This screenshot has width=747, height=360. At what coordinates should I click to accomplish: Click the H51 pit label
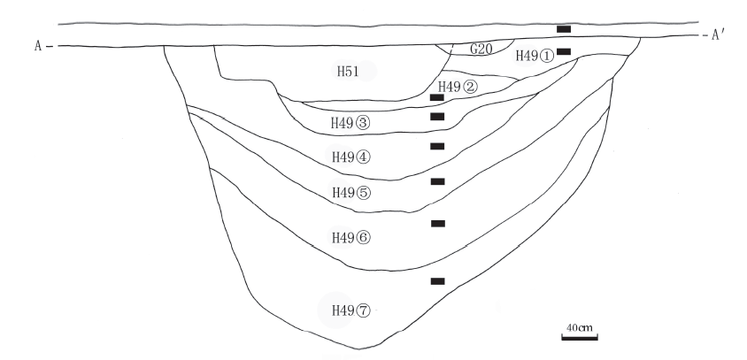point(346,71)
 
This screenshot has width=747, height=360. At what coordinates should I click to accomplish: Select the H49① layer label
point(535,56)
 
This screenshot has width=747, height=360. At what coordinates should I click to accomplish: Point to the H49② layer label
point(458,87)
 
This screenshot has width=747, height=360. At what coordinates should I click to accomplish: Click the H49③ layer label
point(350,123)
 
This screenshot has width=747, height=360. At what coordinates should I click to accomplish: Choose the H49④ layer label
point(350,157)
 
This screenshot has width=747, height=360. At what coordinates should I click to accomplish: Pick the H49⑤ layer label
point(350,192)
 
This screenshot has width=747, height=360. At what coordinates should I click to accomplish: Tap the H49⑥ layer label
point(350,237)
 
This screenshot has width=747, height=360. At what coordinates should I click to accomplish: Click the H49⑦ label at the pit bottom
point(350,310)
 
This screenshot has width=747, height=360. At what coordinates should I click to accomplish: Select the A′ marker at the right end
point(718,36)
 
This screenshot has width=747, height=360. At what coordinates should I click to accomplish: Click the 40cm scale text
point(580,328)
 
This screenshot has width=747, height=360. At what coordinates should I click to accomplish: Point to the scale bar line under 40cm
point(580,336)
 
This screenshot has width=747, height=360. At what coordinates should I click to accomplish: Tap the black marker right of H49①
point(564,52)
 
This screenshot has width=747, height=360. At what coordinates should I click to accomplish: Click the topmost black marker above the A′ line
point(564,30)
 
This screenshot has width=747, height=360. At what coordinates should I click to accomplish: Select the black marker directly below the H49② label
point(436,97)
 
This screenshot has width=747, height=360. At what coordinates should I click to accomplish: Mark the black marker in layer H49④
point(436,146)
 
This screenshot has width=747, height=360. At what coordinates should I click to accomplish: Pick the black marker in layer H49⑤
point(436,181)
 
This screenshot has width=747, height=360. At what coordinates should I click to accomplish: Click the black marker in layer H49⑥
point(437,224)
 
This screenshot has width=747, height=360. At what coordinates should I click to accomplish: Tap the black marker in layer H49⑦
point(437,281)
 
